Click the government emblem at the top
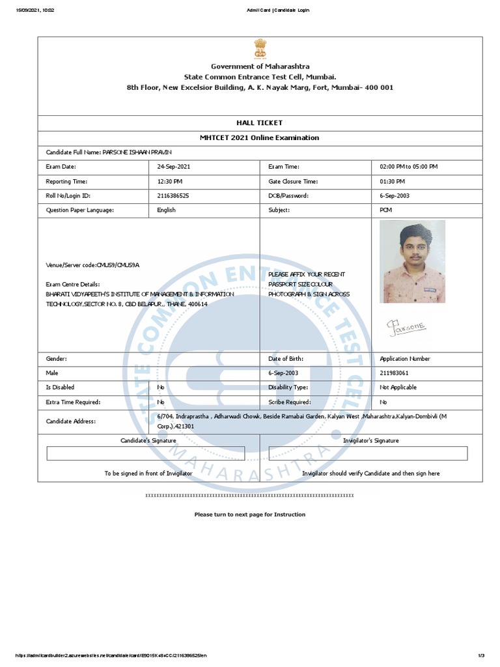pyautogui.click(x=259, y=50)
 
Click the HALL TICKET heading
pyautogui.click(x=259, y=122)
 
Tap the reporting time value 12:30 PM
pyautogui.click(x=169, y=181)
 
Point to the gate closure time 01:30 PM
pyautogui.click(x=392, y=181)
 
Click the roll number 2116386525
pyautogui.click(x=173, y=195)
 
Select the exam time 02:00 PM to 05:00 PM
pyautogui.click(x=409, y=167)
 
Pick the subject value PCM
pyautogui.click(x=386, y=210)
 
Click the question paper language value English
pyautogui.click(x=166, y=210)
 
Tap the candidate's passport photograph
pyautogui.click(x=412, y=262)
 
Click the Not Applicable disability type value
pyautogui.click(x=398, y=388)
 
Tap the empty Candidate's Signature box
pyautogui.click(x=146, y=453)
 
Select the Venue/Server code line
pyautogui.click(x=92, y=265)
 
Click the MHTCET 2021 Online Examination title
pyautogui.click(x=259, y=138)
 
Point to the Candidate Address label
pyautogui.click(x=70, y=421)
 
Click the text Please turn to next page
pyautogui.click(x=249, y=515)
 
